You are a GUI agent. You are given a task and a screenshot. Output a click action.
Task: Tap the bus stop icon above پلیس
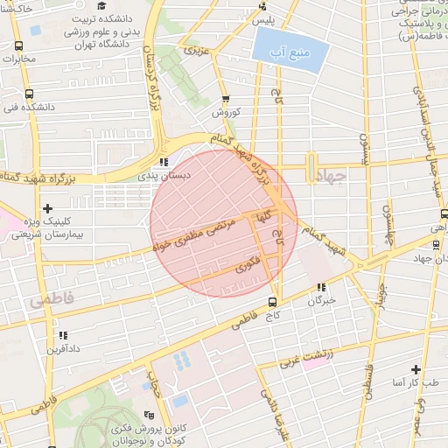pyautogui.click(x=262, y=5)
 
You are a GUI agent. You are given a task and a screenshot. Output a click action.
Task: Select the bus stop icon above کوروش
pyautogui.click(x=226, y=99)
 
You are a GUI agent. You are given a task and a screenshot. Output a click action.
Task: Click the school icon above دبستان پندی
pyautogui.click(x=164, y=161)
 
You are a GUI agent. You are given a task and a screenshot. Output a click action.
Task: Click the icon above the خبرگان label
pyautogui.click(x=321, y=286)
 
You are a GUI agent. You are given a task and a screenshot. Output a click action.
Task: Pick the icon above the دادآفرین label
pyautogui.click(x=62, y=335)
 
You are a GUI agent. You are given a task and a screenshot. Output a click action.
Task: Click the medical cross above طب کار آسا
pyautogui.click(x=416, y=370)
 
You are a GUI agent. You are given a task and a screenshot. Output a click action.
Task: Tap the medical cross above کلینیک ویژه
pyautogui.click(x=47, y=207)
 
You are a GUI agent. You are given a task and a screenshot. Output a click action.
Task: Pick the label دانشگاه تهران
pyautogui.click(x=96, y=44)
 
